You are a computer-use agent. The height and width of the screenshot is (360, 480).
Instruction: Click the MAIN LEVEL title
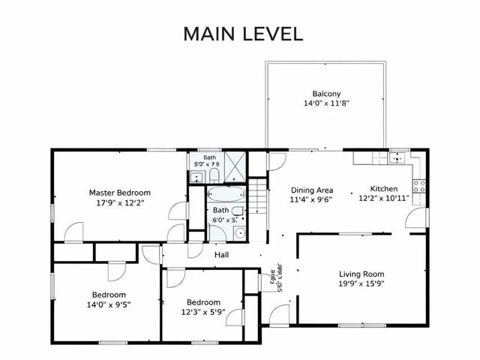(x=243, y=34)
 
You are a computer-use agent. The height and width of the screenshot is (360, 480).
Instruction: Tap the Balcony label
(x=326, y=94)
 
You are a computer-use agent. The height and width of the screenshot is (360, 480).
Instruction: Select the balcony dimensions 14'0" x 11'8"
(x=326, y=104)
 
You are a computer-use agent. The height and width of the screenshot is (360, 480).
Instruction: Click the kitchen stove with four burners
(x=419, y=185)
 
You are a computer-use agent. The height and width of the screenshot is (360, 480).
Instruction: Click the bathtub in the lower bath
(x=226, y=196)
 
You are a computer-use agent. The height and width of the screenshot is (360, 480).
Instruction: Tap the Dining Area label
(x=311, y=190)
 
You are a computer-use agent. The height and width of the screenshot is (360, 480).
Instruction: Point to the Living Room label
(x=361, y=274)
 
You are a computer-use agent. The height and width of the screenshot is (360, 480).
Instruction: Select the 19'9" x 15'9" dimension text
(x=361, y=284)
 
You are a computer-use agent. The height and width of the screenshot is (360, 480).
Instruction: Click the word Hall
(x=221, y=255)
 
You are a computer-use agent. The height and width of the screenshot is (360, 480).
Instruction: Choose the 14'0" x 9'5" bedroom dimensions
(x=109, y=305)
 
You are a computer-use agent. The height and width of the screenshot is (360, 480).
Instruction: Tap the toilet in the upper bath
(x=214, y=176)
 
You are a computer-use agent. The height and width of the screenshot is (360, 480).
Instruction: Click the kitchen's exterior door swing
(x=412, y=219)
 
